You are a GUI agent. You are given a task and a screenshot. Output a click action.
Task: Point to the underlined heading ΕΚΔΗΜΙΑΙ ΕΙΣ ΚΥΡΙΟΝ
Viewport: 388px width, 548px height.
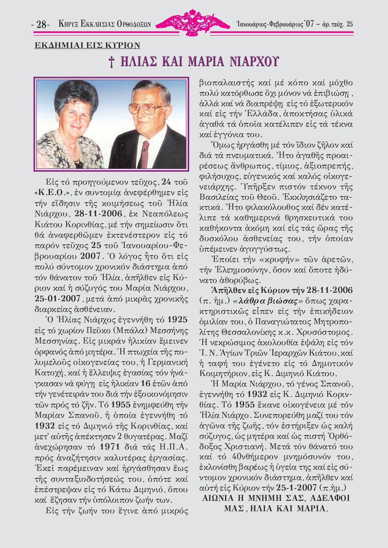(87, 46)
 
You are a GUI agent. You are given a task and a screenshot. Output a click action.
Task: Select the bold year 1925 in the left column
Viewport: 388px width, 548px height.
(178, 320)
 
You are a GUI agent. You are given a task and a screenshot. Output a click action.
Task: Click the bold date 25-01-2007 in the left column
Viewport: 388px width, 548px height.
(57, 299)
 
